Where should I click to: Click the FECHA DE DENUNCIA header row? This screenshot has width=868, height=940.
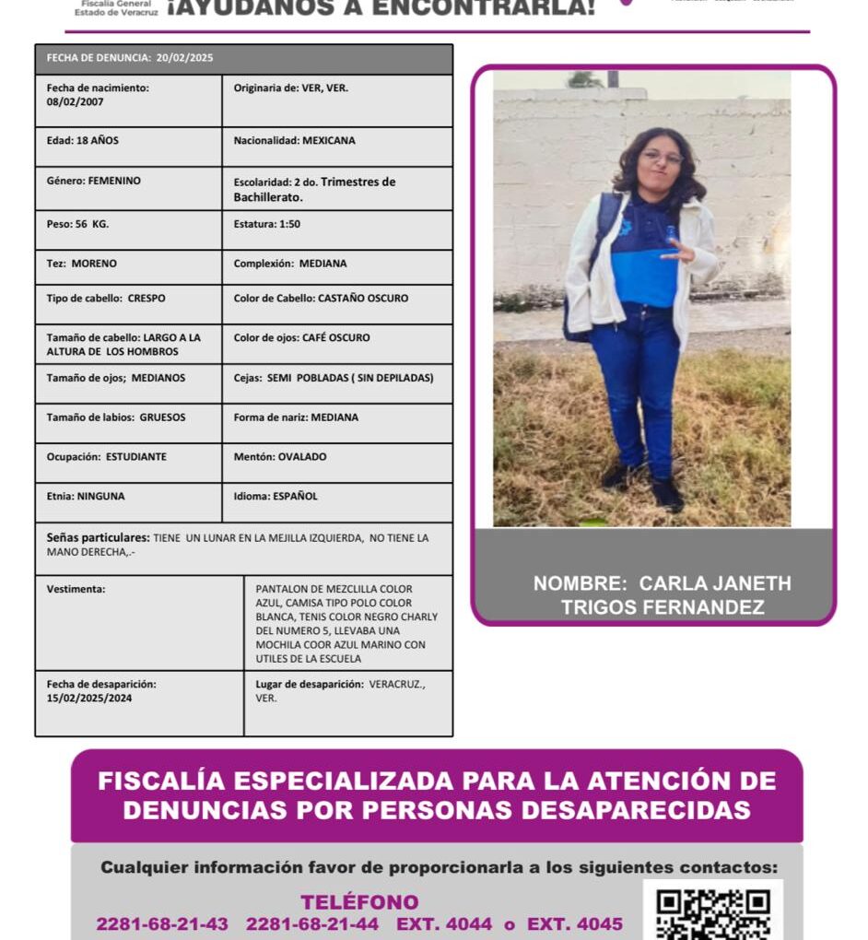(x=244, y=58)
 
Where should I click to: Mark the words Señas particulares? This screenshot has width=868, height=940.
(x=98, y=537)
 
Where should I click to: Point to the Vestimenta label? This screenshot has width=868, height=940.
(x=76, y=589)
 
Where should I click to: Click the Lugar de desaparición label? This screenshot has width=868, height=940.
(x=310, y=685)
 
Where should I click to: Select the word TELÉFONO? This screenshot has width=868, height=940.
(x=359, y=902)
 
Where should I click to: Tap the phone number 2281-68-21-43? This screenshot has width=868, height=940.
(x=162, y=924)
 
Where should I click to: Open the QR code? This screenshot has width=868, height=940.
(x=712, y=912)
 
